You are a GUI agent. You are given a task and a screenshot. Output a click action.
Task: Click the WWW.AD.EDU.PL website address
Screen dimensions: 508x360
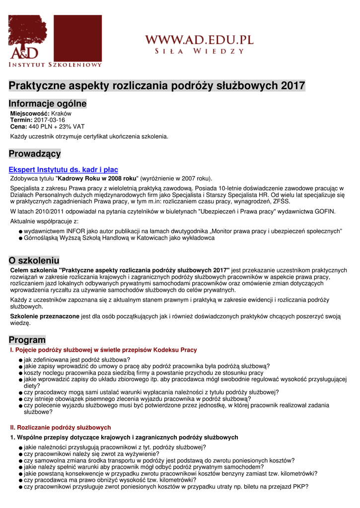(199, 40)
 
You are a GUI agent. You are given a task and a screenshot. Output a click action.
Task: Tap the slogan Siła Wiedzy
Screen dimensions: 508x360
(199, 51)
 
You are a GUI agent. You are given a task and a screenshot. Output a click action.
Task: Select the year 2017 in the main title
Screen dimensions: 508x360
(293, 86)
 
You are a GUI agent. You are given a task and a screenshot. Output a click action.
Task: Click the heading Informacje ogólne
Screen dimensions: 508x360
(48, 104)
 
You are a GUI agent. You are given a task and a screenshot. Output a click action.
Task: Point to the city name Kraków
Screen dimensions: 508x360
(62, 114)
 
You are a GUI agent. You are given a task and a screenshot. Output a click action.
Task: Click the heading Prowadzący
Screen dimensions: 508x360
(35, 154)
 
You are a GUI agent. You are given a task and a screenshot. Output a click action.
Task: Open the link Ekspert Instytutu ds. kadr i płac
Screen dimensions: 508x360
(63, 170)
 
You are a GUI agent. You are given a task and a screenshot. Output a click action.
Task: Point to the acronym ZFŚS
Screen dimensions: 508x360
(281, 201)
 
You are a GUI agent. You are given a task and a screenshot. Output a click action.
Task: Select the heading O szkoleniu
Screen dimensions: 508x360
(34, 260)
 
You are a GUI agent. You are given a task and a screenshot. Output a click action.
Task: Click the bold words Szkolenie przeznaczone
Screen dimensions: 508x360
(45, 316)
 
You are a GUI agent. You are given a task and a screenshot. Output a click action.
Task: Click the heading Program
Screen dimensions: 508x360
(27, 340)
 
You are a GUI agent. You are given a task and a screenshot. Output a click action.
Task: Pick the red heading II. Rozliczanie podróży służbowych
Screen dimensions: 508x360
(61, 427)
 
